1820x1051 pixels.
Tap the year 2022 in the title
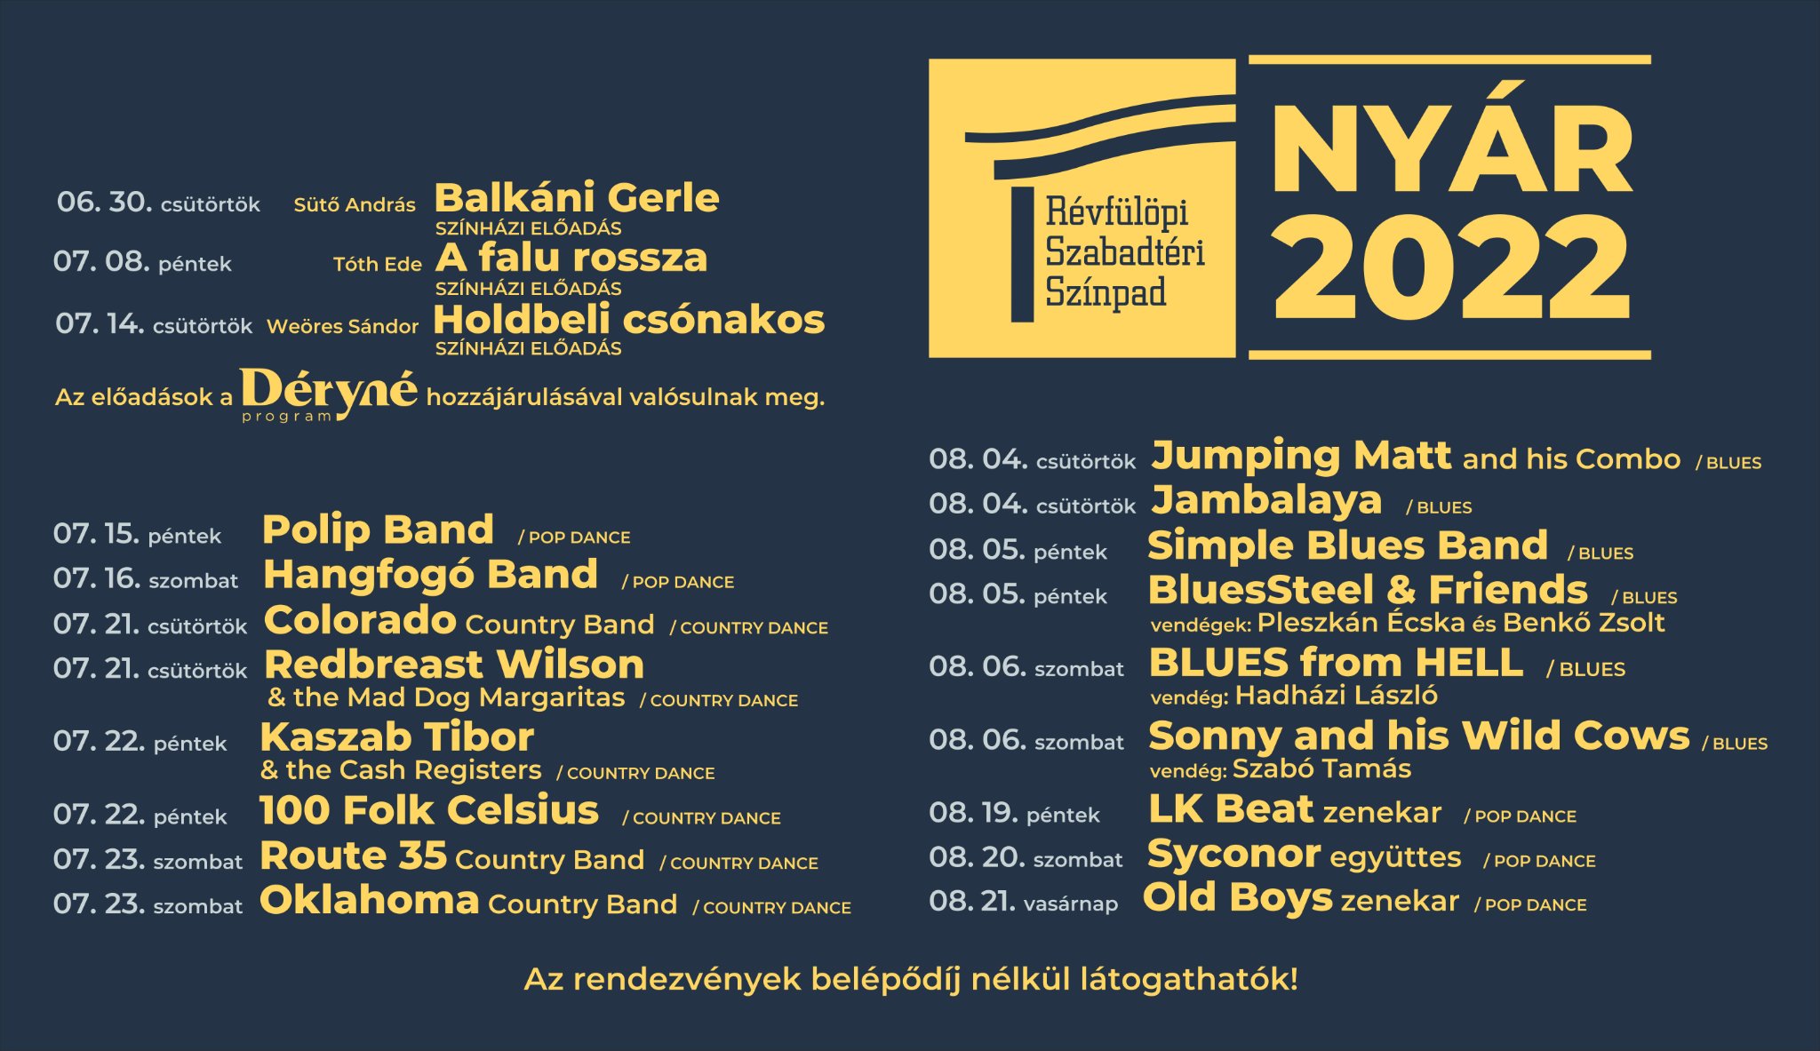(x=1453, y=267)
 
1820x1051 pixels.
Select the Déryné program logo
(x=328, y=394)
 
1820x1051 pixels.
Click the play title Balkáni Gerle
(x=577, y=198)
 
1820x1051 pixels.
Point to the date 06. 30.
(x=105, y=202)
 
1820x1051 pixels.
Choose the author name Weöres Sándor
(x=342, y=326)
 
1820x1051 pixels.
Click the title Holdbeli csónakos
(x=629, y=320)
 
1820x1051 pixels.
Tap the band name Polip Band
(x=378, y=530)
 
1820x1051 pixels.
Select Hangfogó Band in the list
(x=430, y=575)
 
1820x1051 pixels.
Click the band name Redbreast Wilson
(x=454, y=665)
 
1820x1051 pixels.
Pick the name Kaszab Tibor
(x=397, y=737)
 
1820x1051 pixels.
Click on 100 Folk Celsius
(x=429, y=810)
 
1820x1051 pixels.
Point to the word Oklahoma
(x=370, y=900)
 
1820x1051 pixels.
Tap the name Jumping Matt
(x=1301, y=456)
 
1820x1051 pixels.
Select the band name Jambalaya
(x=1266, y=500)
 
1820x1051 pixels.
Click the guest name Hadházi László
(x=1337, y=696)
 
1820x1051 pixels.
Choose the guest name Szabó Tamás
(x=1321, y=768)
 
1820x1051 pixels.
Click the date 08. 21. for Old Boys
(x=972, y=902)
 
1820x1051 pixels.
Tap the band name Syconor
(x=1233, y=855)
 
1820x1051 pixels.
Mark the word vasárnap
(x=1071, y=904)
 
